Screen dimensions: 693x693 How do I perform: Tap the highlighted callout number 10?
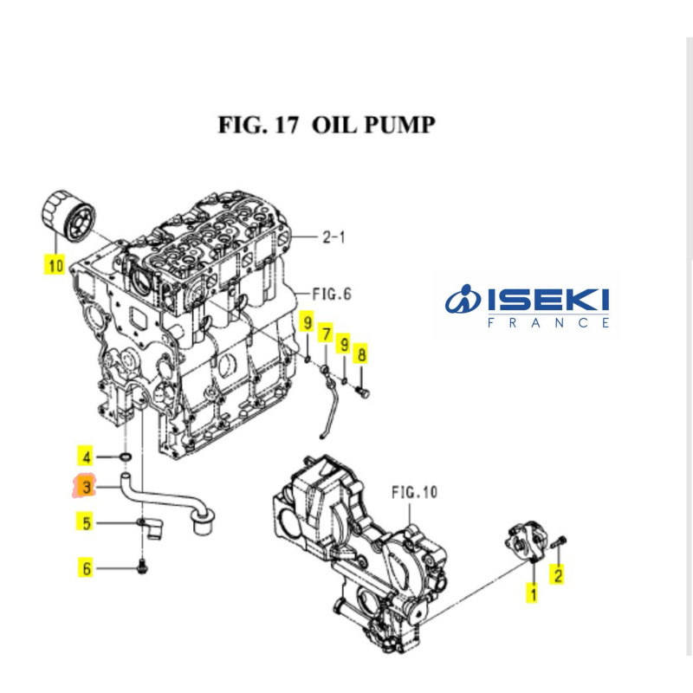pos(55,264)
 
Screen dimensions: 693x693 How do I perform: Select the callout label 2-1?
pos(333,236)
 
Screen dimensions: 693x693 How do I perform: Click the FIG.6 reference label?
pos(331,295)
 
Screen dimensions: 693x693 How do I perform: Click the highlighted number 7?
pos(326,334)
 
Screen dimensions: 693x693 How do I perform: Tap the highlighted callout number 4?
pos(86,456)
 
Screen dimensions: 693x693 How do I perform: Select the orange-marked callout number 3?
pos(86,489)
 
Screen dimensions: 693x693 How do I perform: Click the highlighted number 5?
pos(86,522)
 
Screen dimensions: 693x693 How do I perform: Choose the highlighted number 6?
pos(86,569)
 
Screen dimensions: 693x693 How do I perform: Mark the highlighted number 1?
pos(533,594)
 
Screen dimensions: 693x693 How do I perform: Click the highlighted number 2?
pos(558,573)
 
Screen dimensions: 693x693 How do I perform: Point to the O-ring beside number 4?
pos(126,457)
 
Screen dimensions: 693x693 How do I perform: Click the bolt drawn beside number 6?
pos(143,568)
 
